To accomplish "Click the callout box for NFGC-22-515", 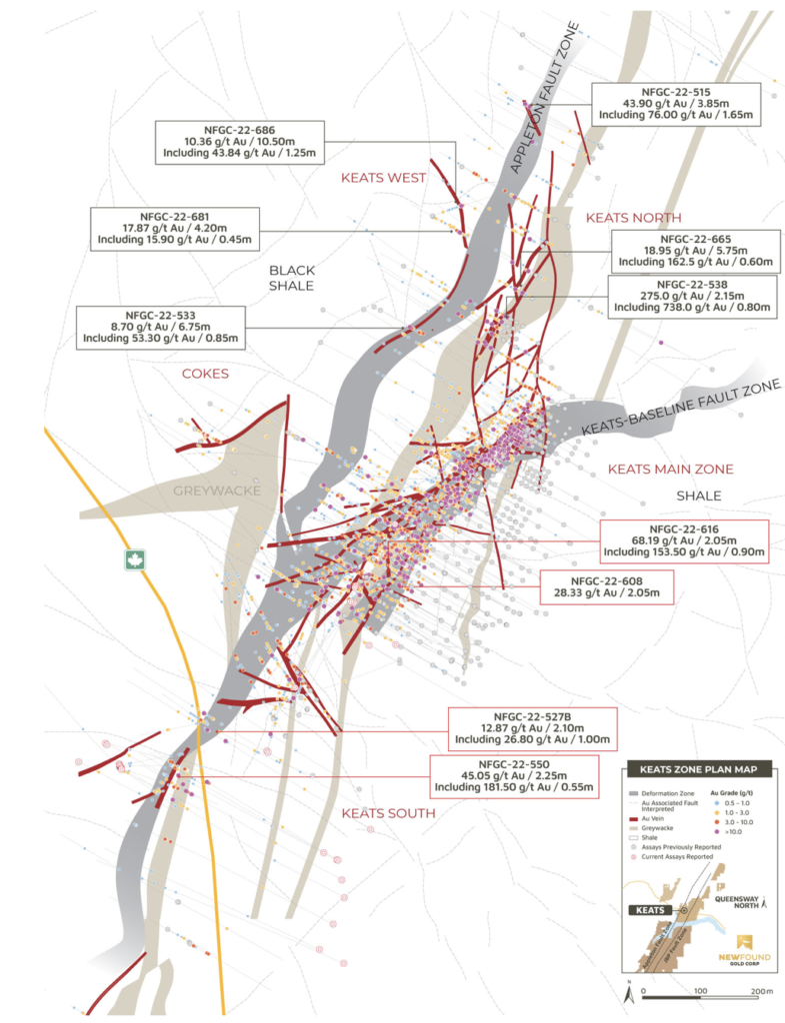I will click(x=677, y=104).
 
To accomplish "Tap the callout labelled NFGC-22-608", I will click(x=606, y=586).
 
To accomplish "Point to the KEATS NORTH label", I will click(x=633, y=218).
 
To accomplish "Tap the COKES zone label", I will click(x=205, y=374).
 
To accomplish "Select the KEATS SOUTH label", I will click(x=388, y=813).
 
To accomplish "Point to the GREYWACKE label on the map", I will click(x=217, y=492).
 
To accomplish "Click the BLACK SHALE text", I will click(x=292, y=278).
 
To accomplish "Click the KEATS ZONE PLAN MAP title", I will click(x=691, y=769).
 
